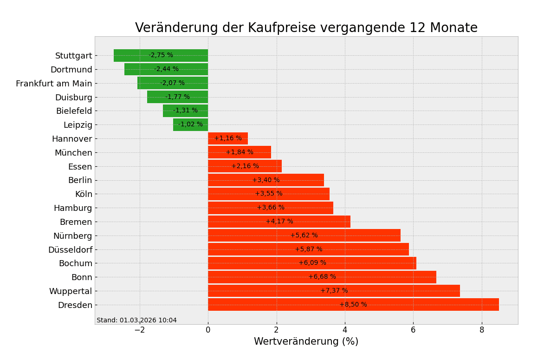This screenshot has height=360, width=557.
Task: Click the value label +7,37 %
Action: pos(334,291)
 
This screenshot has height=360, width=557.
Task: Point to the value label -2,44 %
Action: pos(166,69)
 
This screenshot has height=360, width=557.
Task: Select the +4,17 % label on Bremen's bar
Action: pos(279,222)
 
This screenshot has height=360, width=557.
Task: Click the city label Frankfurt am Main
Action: pos(54,84)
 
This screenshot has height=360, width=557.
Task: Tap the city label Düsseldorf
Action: pos(70,250)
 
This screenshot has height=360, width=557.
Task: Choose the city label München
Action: pos(73,153)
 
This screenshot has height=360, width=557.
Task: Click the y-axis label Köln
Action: pos(84,194)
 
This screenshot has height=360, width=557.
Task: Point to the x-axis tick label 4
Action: pos(345,330)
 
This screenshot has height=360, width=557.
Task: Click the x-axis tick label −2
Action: pos(139,330)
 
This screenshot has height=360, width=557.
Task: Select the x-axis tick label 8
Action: pos(482,330)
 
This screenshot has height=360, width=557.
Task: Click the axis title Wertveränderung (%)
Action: pos(306,342)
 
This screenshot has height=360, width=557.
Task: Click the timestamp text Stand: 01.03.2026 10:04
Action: pos(136,321)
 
